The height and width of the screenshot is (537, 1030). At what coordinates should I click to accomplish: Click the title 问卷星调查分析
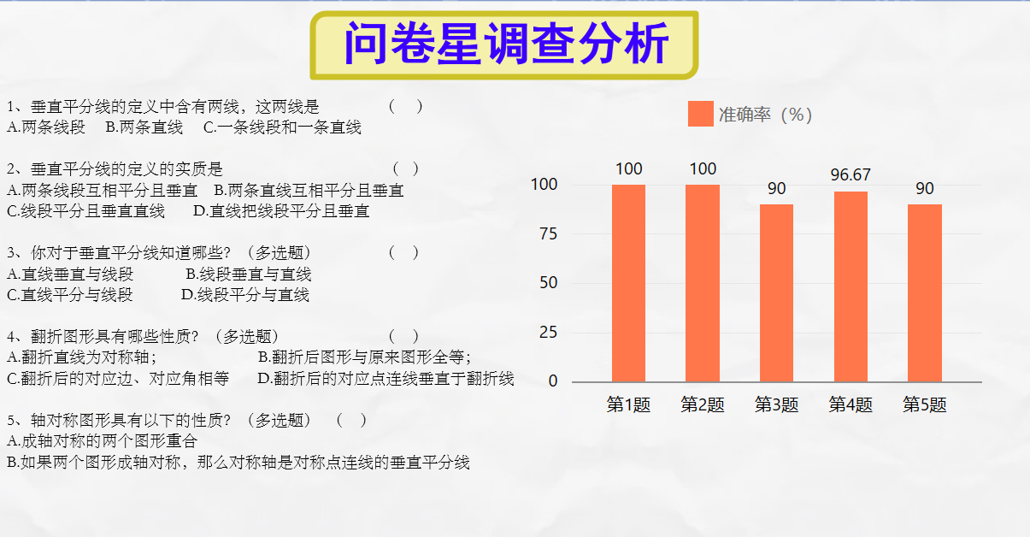506,44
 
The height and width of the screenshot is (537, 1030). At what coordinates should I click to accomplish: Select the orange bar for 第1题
628,283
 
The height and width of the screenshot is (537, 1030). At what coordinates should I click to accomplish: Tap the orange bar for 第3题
777,293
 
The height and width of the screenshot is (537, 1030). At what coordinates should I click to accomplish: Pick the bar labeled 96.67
850,286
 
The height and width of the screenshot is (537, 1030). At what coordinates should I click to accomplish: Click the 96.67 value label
850,174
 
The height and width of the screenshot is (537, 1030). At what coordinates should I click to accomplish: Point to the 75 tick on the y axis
549,234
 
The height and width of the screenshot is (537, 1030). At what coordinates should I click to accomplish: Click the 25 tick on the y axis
549,333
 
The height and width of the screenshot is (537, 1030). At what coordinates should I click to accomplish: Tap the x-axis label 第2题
703,404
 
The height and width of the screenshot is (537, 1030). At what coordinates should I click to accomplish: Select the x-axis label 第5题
925,404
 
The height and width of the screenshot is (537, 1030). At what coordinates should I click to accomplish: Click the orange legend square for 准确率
701,114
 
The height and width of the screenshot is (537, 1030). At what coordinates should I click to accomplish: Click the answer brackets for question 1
405,107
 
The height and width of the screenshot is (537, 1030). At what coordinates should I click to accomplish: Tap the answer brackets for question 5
351,420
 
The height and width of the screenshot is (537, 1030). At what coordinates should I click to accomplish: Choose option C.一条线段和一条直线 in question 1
282,127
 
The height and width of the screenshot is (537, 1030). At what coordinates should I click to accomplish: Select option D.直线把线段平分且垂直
281,211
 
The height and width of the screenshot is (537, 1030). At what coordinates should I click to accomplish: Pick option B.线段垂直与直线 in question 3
249,274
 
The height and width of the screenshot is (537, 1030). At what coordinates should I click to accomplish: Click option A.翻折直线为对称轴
82,357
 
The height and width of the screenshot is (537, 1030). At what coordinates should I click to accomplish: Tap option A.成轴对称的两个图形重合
102,441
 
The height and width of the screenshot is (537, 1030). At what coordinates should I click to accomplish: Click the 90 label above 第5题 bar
925,189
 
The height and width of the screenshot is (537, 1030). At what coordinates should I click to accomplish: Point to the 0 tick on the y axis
553,381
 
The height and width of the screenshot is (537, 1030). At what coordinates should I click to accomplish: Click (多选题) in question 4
247,336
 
